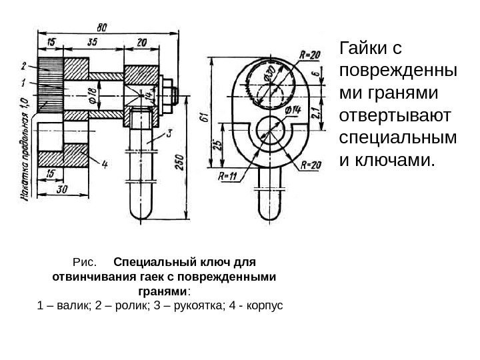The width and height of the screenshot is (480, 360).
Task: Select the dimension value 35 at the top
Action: [92, 41]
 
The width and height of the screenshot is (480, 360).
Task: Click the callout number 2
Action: [24, 65]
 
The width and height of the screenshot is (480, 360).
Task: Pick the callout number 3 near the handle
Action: [169, 134]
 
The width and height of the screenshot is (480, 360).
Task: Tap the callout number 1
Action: [24, 83]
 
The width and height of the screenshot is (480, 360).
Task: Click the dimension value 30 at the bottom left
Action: [61, 189]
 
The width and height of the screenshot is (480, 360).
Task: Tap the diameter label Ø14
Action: [292, 109]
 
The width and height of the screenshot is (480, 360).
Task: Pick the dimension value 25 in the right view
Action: [215, 147]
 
